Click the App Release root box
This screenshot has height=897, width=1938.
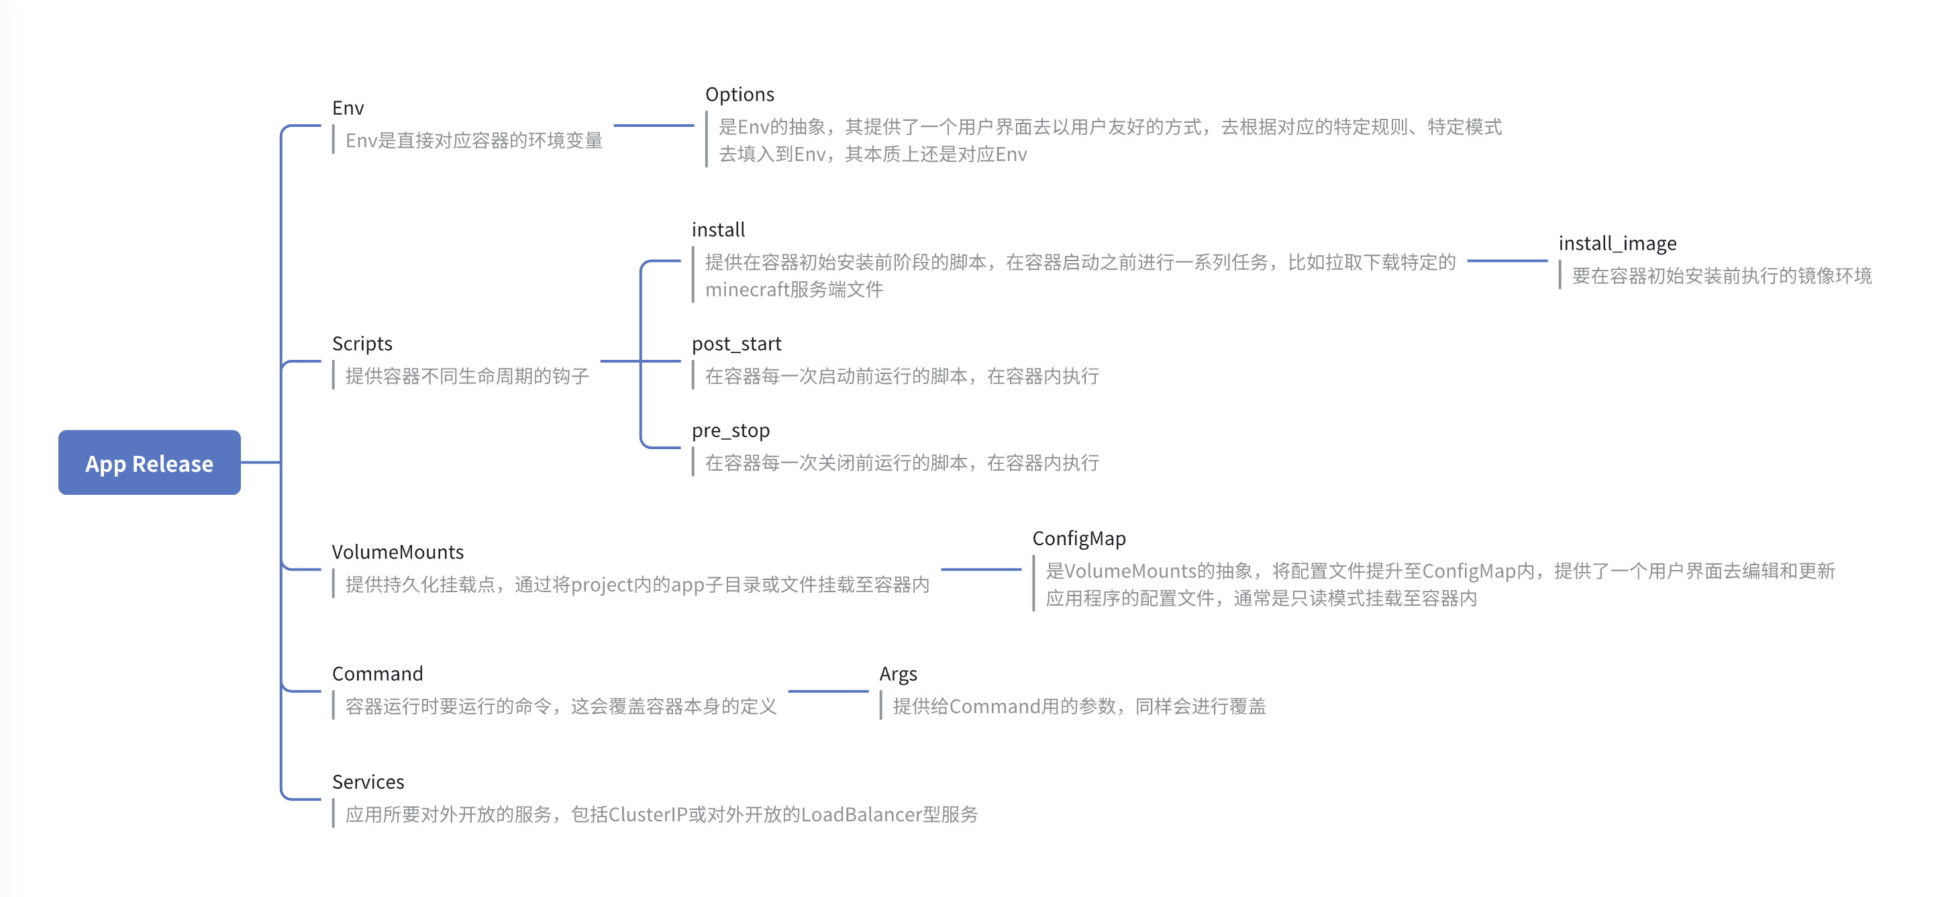point(149,462)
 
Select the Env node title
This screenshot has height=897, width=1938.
point(348,108)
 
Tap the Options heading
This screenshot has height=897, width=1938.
point(739,95)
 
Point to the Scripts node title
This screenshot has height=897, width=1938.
point(362,344)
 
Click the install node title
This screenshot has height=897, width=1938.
point(718,230)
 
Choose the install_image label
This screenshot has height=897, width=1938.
point(1617,244)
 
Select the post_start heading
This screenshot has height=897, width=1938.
point(737,344)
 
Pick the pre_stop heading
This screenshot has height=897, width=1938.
point(731,430)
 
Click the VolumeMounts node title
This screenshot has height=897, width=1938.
point(397,553)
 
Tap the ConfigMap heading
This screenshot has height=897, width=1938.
point(1079,538)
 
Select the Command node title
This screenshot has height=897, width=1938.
point(377,673)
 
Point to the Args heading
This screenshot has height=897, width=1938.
point(899,674)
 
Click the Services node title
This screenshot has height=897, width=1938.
point(368,782)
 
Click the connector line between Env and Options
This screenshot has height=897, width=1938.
point(654,126)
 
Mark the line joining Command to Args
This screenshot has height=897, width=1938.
point(828,691)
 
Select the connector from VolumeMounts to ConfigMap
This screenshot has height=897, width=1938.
point(981,569)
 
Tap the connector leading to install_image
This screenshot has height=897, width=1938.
point(1508,261)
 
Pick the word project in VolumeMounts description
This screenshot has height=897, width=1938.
point(602,585)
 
